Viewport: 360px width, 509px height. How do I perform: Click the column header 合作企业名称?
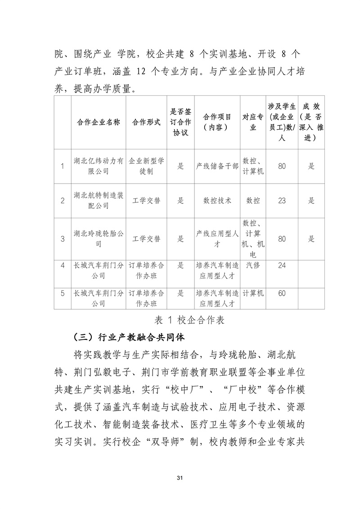(98, 122)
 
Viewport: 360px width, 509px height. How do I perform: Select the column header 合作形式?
(146, 122)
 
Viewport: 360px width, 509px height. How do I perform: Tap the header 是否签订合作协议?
(180, 122)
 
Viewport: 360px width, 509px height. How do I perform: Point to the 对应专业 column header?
(253, 122)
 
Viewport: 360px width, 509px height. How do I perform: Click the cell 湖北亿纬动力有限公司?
(98, 166)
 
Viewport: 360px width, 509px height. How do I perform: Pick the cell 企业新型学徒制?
(146, 166)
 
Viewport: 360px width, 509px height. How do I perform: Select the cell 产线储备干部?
(217, 166)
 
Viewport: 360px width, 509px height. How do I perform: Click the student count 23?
(282, 201)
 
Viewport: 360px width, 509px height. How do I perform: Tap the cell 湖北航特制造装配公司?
(98, 201)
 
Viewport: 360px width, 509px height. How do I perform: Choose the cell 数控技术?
(217, 201)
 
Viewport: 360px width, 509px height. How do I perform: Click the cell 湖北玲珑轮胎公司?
(98, 239)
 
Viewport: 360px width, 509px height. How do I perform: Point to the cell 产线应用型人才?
(217, 239)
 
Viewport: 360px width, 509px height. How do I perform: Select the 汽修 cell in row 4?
(253, 266)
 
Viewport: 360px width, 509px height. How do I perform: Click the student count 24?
(282, 266)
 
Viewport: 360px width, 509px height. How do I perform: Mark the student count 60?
(282, 293)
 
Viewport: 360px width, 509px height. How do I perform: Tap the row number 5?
(63, 293)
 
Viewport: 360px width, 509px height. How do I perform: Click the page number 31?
(180, 477)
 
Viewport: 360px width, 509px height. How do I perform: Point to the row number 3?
(63, 239)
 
